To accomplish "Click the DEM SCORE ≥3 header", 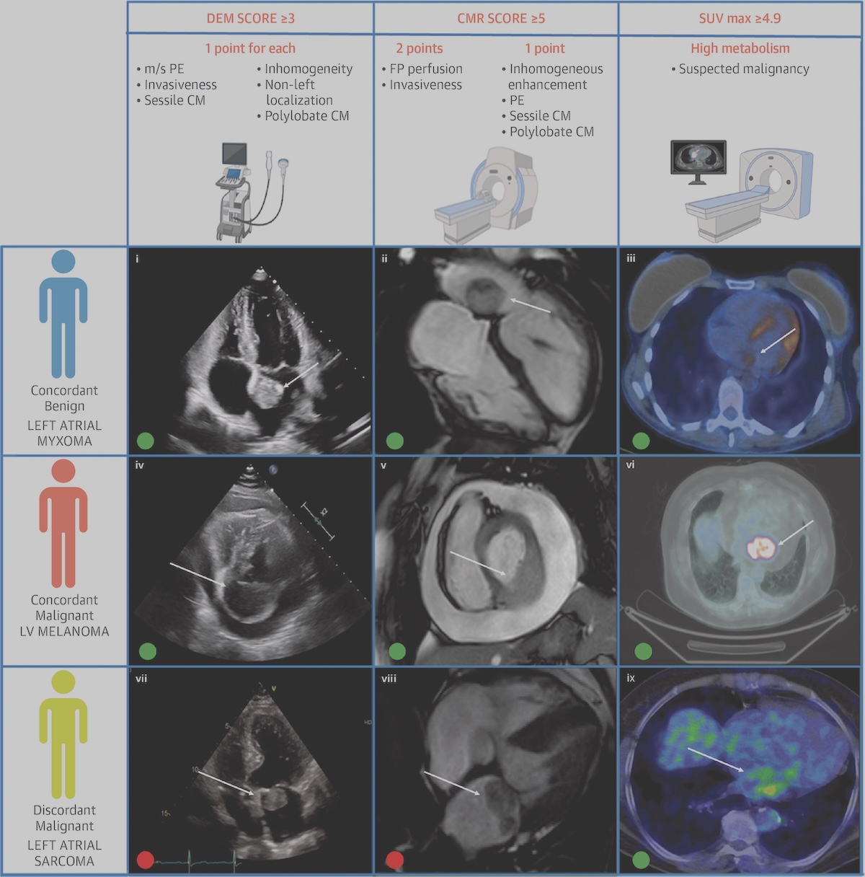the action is pyautogui.click(x=250, y=18).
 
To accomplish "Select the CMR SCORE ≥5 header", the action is pyautogui.click(x=501, y=18).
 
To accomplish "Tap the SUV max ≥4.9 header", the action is pyautogui.click(x=740, y=18).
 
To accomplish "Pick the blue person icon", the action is pyautogui.click(x=63, y=314).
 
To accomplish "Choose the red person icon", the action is pyautogui.click(x=63, y=524).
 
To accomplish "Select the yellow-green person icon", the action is pyautogui.click(x=63, y=734).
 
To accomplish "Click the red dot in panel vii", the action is pyautogui.click(x=145, y=860).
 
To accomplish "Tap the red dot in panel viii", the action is pyautogui.click(x=394, y=860).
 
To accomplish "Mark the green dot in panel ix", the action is pyautogui.click(x=641, y=860).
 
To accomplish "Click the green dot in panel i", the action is pyautogui.click(x=145, y=441).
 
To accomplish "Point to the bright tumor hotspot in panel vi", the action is pyautogui.click(x=760, y=547).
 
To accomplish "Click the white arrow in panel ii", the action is pyautogui.click(x=530, y=306).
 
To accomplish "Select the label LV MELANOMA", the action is pyautogui.click(x=64, y=631).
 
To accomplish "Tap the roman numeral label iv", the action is pyautogui.click(x=139, y=465).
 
